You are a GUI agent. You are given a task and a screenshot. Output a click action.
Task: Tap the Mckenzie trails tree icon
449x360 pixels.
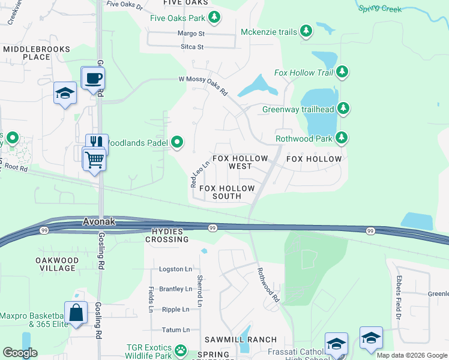pos(307,31)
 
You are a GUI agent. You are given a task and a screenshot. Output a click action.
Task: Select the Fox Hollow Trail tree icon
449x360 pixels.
pos(342,73)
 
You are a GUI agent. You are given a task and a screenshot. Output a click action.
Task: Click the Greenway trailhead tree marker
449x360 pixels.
pos(343,109)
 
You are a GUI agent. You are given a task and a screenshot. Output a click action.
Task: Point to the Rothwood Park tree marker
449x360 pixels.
pos(342,139)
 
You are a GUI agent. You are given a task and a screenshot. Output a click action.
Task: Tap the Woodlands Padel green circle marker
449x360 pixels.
pos(177,142)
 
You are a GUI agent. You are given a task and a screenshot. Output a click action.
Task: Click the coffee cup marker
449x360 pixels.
pos(93,79)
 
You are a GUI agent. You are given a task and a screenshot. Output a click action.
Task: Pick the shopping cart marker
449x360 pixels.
pos(94,160)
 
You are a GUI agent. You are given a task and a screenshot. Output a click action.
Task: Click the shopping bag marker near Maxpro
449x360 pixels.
pos(76,313)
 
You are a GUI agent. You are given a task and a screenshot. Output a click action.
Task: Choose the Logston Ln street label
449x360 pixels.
pos(175,269)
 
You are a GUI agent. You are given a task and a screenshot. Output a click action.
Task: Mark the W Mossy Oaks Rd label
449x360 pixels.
pos(203,85)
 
